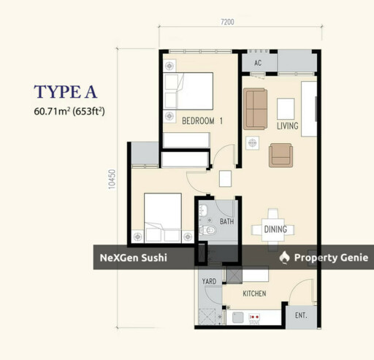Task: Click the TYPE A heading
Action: (65, 92)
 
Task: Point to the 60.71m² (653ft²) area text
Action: (69, 112)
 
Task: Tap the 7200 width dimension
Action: (227, 22)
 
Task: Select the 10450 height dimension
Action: (112, 179)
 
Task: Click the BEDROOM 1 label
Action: (202, 120)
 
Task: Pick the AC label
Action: (258, 63)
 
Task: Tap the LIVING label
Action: (288, 126)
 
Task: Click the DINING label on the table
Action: (275, 229)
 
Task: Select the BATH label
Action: (226, 221)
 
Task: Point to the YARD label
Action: (209, 281)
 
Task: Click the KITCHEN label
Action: (254, 294)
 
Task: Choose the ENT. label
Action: (301, 315)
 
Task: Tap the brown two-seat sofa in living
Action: (255, 109)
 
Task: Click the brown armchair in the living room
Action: (280, 156)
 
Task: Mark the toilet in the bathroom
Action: (207, 230)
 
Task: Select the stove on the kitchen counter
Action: (254, 317)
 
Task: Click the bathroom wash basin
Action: (203, 210)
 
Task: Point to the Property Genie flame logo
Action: (284, 258)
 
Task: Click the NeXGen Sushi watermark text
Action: (134, 258)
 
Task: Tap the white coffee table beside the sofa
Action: (286, 109)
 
